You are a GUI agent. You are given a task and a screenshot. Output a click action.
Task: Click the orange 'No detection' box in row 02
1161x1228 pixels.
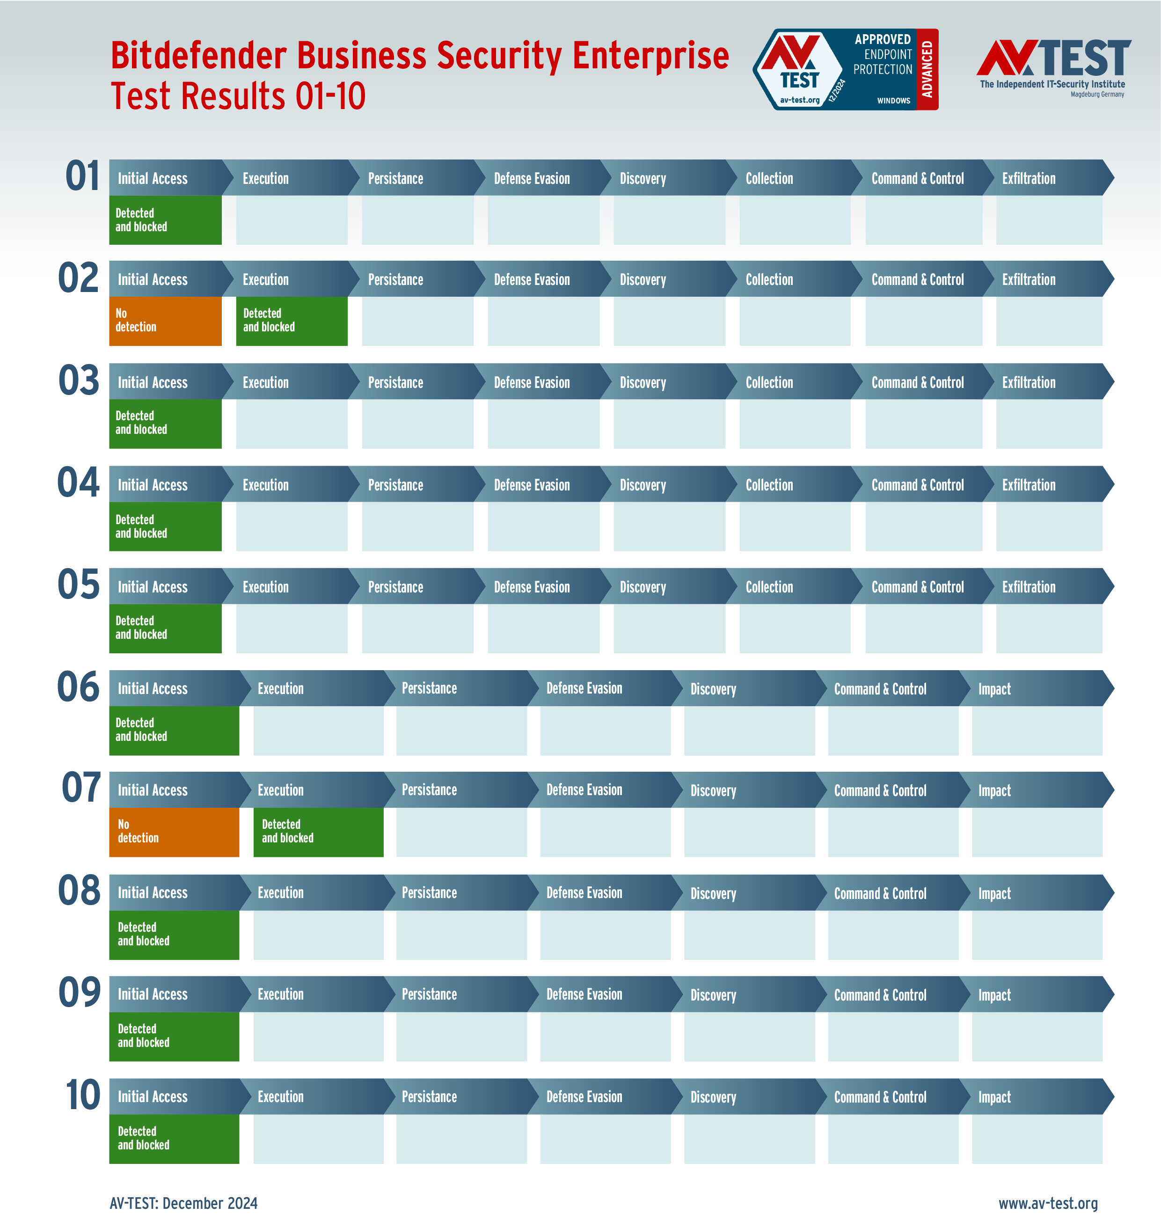(x=165, y=321)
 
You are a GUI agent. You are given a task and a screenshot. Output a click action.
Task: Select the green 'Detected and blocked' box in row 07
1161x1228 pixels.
(x=318, y=832)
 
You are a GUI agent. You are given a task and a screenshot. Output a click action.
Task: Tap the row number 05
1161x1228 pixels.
(x=79, y=585)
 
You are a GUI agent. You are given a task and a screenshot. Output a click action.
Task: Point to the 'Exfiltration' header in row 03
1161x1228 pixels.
(x=1029, y=382)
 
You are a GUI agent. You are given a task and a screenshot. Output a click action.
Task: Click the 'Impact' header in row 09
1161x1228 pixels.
(x=994, y=994)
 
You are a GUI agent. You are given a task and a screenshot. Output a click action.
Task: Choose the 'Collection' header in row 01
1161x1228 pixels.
(x=769, y=179)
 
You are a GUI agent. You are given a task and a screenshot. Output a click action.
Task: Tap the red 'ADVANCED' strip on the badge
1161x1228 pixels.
(x=927, y=69)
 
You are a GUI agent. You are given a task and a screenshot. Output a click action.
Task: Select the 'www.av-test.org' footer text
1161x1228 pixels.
(x=1048, y=1203)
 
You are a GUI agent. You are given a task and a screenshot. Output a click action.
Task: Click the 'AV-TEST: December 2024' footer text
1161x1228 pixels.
(x=183, y=1203)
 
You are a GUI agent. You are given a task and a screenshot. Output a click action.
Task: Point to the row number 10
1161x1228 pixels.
(x=82, y=1095)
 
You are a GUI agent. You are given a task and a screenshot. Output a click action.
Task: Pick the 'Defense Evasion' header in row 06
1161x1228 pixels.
(x=584, y=688)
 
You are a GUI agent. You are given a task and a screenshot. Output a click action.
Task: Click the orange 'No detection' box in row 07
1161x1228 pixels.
(x=174, y=832)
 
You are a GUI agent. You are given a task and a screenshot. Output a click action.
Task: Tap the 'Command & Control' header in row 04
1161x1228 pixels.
(x=917, y=485)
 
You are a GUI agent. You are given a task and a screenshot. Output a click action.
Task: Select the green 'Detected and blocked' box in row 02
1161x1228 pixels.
(x=292, y=321)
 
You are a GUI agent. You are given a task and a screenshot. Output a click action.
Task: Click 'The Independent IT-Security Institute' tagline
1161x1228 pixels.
(x=1052, y=84)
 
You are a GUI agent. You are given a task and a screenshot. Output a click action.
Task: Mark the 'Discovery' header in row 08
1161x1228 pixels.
(x=713, y=893)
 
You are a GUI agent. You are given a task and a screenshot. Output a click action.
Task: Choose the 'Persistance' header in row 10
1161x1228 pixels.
(x=429, y=1097)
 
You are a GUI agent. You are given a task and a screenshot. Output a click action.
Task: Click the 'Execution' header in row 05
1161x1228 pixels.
(x=265, y=587)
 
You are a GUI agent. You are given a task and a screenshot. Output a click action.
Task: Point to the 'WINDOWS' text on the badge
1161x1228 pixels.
(x=893, y=100)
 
